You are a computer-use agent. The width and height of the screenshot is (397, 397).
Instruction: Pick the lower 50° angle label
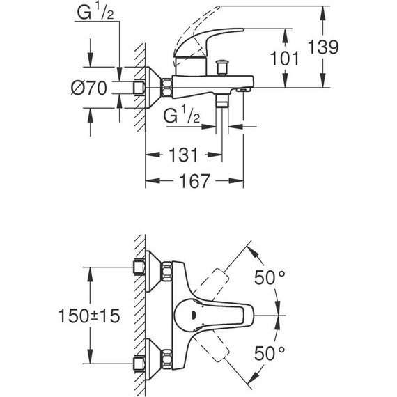(x=270, y=352)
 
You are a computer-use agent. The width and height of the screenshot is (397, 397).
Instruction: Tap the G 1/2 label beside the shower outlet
(x=180, y=114)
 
